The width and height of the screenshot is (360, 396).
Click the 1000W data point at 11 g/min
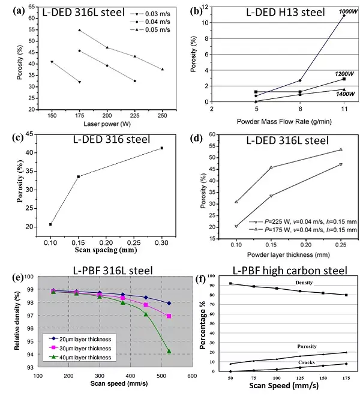tap(344, 16)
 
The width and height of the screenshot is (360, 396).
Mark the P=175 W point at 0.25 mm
tap(341, 149)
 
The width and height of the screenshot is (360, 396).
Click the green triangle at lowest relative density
tap(169, 351)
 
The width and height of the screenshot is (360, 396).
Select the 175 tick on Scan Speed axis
tap(344, 379)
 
